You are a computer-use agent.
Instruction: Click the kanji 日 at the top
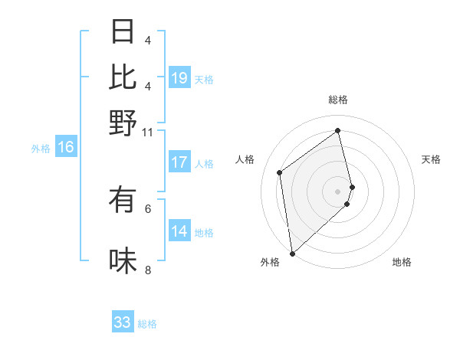click(x=123, y=31)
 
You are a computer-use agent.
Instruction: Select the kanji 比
click(x=123, y=77)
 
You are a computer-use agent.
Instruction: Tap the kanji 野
click(x=123, y=123)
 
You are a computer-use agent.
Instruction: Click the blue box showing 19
click(x=179, y=77)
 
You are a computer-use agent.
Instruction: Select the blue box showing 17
click(x=179, y=162)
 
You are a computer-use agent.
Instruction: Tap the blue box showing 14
click(x=179, y=231)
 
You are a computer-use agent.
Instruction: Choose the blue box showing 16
click(x=66, y=147)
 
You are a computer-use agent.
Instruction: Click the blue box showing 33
click(x=123, y=322)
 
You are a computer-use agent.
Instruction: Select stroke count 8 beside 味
click(x=148, y=270)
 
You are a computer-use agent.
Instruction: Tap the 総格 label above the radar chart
click(x=338, y=100)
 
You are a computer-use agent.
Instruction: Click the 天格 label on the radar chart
click(x=431, y=159)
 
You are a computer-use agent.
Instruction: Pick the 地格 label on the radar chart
click(x=402, y=262)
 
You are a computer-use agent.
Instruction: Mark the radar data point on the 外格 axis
click(x=292, y=253)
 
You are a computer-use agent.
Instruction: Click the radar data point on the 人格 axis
click(x=280, y=172)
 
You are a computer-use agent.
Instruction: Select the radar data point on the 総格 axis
click(x=338, y=130)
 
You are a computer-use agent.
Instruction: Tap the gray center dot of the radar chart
click(x=338, y=191)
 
